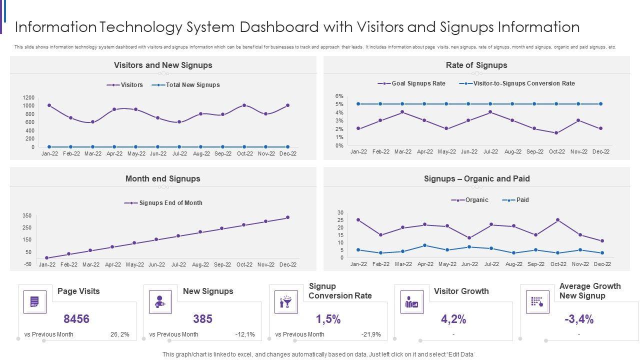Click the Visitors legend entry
click(x=125, y=85)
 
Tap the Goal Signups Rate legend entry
click(x=412, y=83)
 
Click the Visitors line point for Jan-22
click(x=49, y=105)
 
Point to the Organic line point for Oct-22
click(x=558, y=220)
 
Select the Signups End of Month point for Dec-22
click(x=287, y=217)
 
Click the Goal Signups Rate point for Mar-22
click(x=402, y=112)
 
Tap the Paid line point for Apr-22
click(x=425, y=245)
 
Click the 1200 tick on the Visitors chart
click(x=28, y=97)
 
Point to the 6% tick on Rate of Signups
click(x=339, y=96)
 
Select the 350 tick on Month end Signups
click(x=27, y=216)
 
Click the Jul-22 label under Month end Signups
click(x=178, y=265)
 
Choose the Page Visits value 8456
click(x=76, y=319)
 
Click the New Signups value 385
click(x=202, y=319)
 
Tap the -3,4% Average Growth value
click(x=578, y=319)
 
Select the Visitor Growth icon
click(x=412, y=302)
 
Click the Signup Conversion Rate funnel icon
click(x=286, y=302)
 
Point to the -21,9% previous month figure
click(x=371, y=334)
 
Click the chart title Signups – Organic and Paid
click(x=476, y=178)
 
